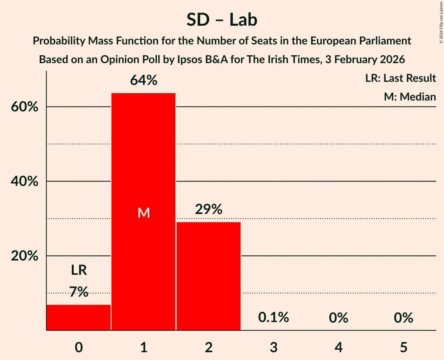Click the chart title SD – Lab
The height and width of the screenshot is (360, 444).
[222, 20]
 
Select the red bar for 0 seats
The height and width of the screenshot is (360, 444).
[79, 317]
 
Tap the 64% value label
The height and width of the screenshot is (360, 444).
[143, 81]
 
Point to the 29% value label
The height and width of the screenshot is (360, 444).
[209, 210]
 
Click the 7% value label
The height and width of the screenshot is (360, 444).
[79, 291]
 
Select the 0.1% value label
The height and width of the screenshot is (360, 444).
[274, 318]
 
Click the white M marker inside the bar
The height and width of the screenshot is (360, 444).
[143, 213]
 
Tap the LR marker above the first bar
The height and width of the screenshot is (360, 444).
[79, 270]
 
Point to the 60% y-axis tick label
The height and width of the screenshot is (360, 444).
[24, 107]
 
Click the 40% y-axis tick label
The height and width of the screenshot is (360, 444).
[24, 182]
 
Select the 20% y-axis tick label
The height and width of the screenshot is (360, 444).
[24, 256]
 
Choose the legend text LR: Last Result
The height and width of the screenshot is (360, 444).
[400, 78]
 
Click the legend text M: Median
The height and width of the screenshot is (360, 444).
[410, 97]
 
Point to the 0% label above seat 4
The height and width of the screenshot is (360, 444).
[338, 318]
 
